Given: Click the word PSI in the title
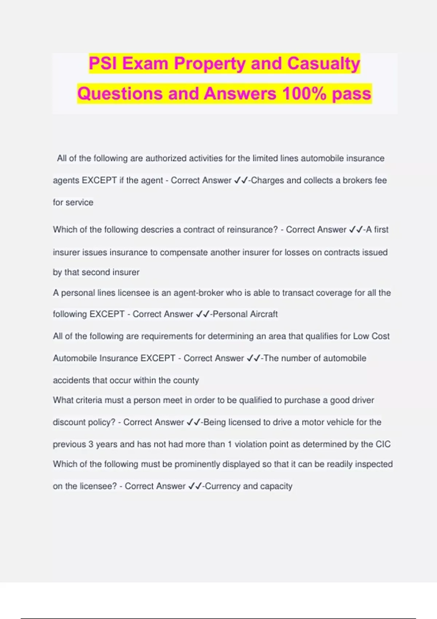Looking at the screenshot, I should [x=103, y=64].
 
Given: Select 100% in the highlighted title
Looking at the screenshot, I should [x=304, y=94].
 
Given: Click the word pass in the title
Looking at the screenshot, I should [x=351, y=94].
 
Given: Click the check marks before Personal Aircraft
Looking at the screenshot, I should [x=202, y=314].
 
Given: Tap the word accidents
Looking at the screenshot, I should [x=71, y=381].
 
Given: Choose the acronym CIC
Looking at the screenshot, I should [x=383, y=444].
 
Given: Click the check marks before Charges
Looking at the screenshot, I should [x=241, y=180].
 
